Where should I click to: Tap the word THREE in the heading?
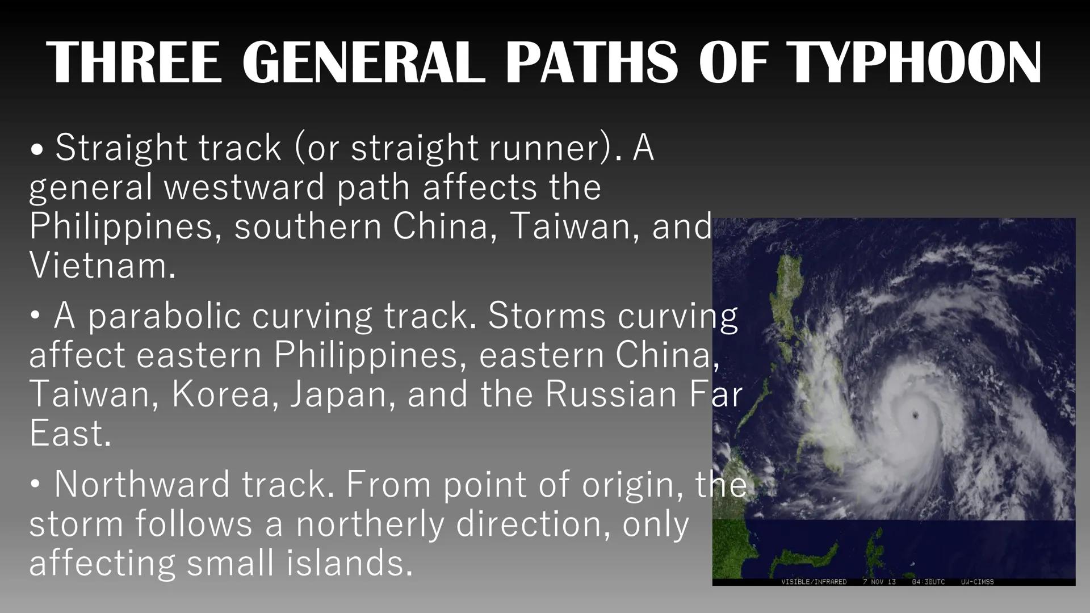coord(135,62)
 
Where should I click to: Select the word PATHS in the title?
coord(590,62)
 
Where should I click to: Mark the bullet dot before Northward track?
coord(36,485)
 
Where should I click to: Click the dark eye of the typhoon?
coord(915,415)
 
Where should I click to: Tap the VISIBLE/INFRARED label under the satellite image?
coord(814,582)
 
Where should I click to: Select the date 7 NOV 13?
coord(879,582)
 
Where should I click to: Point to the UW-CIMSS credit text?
coord(977,582)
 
